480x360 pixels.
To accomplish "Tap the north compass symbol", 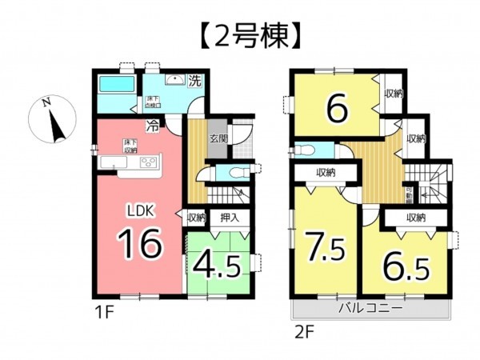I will pyautogui.click(x=50, y=120).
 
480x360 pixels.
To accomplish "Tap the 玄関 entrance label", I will pyautogui.click(x=218, y=138).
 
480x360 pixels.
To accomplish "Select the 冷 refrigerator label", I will pyautogui.click(x=151, y=124).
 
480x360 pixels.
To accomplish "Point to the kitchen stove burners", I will pyautogui.click(x=149, y=162).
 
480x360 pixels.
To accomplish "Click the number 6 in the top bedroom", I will pyautogui.click(x=336, y=110).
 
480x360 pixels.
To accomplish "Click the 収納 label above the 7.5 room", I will pyautogui.click(x=324, y=173).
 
